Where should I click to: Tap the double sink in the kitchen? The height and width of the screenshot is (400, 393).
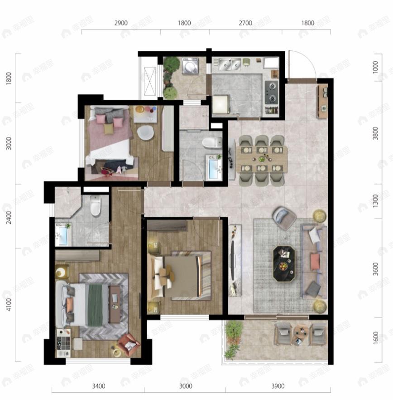click(x=230, y=65)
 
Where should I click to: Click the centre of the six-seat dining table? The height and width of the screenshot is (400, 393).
click(x=263, y=158)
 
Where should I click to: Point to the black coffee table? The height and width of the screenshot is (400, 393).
click(x=284, y=264)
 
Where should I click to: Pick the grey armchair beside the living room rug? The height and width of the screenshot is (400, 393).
click(x=284, y=218)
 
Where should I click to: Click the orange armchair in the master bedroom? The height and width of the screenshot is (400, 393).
click(x=128, y=345)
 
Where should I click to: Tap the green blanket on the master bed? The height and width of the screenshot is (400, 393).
click(x=95, y=304)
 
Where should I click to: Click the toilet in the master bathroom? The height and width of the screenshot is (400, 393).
click(x=96, y=206)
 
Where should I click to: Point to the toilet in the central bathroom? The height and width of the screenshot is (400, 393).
click(x=211, y=143)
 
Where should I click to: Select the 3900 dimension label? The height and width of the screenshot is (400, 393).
click(x=278, y=386)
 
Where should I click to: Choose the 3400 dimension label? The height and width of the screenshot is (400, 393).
click(x=98, y=386)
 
